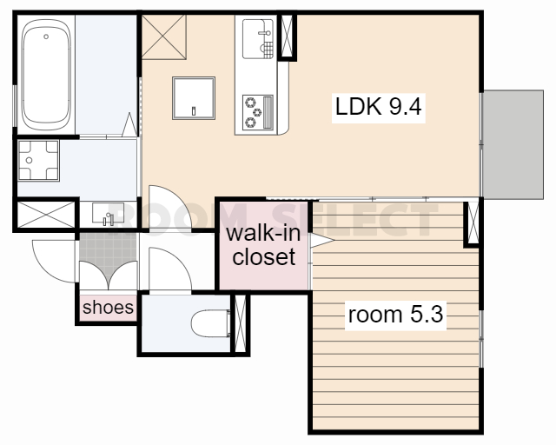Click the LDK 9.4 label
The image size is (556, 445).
tap(379, 106)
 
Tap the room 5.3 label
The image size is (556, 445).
tap(395, 315)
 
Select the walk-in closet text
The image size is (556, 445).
tap(263, 245)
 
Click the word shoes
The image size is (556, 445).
tap(108, 308)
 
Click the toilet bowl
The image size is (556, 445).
tap(210, 322)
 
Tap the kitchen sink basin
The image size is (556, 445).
tap(258, 39)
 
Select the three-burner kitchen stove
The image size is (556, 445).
tap(258, 112)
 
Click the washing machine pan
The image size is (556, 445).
tap(38, 161)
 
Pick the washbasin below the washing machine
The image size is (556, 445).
tap(108, 213)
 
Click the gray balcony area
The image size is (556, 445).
tap(513, 144)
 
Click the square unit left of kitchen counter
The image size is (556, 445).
tap(194, 97)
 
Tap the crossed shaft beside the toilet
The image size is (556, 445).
tap(241, 323)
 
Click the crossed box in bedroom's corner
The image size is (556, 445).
tap(473, 222)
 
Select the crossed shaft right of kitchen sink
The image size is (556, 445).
tap(287, 36)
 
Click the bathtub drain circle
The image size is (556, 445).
tap(46, 37)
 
